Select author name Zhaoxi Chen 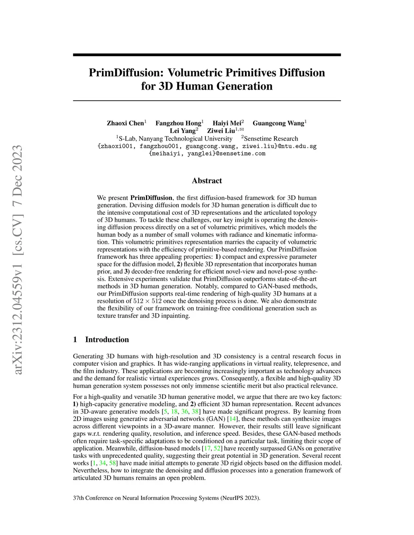(125, 123)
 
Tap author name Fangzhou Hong (178, 123)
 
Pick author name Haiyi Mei (227, 123)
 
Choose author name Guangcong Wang (278, 123)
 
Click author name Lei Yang (182, 131)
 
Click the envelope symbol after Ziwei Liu (241, 129)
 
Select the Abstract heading (207, 180)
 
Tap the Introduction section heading (107, 340)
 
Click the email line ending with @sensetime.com (207, 153)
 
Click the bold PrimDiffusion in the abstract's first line (151, 198)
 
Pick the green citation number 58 (112, 463)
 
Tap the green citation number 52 (217, 449)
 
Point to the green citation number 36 (185, 412)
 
